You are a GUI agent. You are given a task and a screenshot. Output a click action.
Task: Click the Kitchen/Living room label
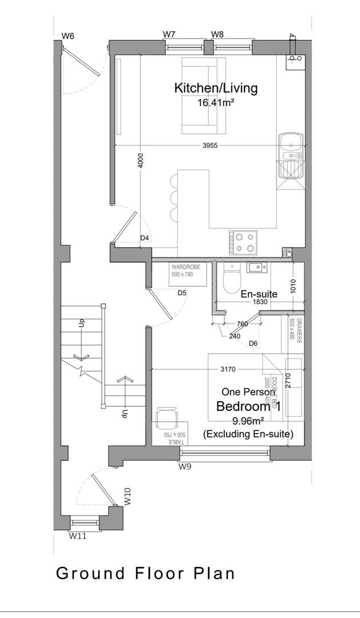(216, 88)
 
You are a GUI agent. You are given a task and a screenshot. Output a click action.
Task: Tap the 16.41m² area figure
(216, 103)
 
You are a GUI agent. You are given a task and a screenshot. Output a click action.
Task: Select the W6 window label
(68, 36)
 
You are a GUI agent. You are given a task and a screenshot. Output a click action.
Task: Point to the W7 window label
(169, 34)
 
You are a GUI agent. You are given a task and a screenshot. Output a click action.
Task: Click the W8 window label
(217, 34)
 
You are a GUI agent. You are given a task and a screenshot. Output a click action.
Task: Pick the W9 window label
(184, 467)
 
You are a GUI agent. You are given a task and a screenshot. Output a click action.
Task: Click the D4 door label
(145, 238)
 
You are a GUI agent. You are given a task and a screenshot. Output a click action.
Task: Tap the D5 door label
(182, 293)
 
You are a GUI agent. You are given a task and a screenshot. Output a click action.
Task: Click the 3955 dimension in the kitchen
(210, 146)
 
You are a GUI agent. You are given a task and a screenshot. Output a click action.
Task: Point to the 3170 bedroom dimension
(227, 369)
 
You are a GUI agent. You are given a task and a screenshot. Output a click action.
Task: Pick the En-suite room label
(259, 294)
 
